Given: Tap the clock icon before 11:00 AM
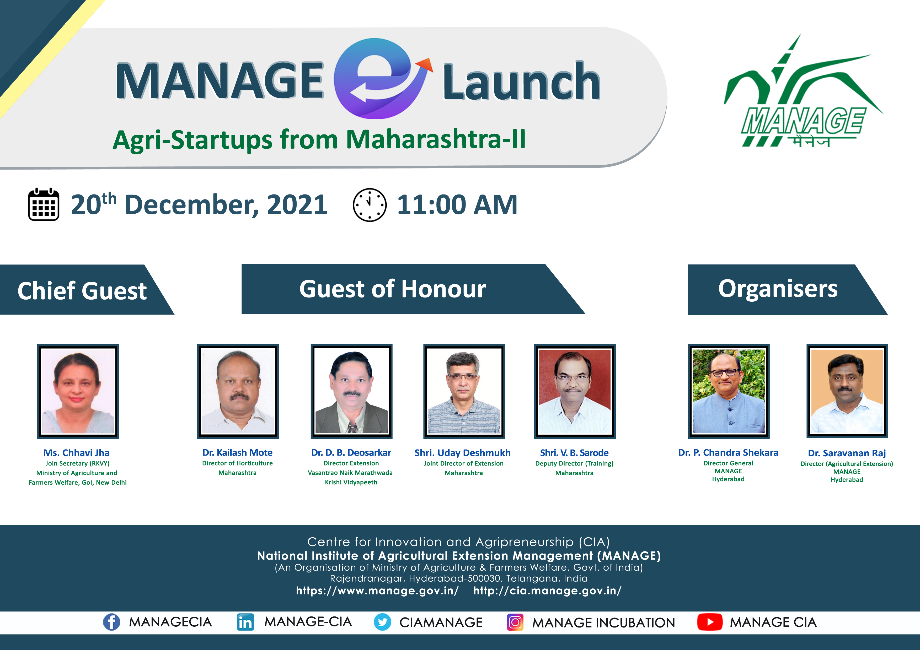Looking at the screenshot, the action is click(x=370, y=205).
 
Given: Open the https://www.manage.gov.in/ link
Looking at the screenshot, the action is click(x=377, y=591).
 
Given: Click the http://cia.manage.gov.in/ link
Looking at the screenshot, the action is click(x=547, y=591).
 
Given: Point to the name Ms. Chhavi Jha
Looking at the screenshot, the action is click(x=77, y=453).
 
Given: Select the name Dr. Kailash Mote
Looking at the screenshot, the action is click(x=237, y=453).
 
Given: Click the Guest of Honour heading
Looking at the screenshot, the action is click(x=393, y=289).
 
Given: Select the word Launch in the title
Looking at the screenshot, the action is click(x=521, y=82).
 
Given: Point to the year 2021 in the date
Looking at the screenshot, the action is click(x=297, y=205).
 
